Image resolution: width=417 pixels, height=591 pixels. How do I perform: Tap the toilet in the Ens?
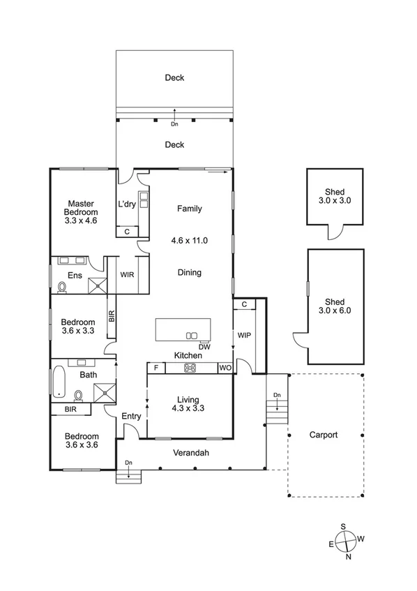(x=62, y=286)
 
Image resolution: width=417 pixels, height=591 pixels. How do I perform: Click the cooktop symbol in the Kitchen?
(x=190, y=368)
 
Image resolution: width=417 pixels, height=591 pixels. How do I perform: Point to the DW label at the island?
(x=204, y=346)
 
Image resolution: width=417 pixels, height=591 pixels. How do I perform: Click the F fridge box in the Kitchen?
(x=155, y=368)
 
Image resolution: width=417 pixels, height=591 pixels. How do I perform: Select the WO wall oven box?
(x=225, y=368)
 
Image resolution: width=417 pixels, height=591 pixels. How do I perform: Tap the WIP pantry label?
(x=244, y=336)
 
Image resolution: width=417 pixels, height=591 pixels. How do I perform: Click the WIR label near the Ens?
(x=127, y=275)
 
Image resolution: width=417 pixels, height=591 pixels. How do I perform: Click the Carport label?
(x=324, y=435)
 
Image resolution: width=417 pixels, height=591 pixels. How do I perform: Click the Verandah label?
(x=192, y=453)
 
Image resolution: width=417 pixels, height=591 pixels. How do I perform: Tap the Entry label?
(x=131, y=417)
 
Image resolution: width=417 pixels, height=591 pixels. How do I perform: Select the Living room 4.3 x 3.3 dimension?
(x=188, y=410)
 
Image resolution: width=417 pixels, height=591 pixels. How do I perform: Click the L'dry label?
(x=127, y=204)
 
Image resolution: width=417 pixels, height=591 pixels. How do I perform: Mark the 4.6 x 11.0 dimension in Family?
(x=189, y=240)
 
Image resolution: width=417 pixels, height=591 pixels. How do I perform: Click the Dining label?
(x=189, y=273)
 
